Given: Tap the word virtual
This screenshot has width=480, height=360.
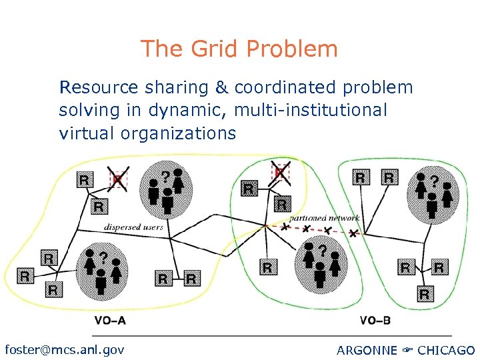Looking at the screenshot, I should [87, 133].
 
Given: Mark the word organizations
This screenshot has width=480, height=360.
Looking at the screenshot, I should [178, 133].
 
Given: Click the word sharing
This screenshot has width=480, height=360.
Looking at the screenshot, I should [179, 87].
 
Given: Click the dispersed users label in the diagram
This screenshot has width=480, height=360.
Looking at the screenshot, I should [133, 227].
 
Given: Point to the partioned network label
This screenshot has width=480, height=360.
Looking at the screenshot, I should [325, 218].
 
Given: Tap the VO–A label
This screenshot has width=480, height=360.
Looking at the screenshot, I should [110, 321].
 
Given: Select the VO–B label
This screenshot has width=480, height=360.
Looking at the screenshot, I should [375, 321].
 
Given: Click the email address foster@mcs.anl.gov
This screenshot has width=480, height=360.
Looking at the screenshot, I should [64, 349].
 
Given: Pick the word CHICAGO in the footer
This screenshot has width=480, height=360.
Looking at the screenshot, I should [446, 350].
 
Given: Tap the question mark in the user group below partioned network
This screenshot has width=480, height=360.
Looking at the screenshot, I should [323, 250].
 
